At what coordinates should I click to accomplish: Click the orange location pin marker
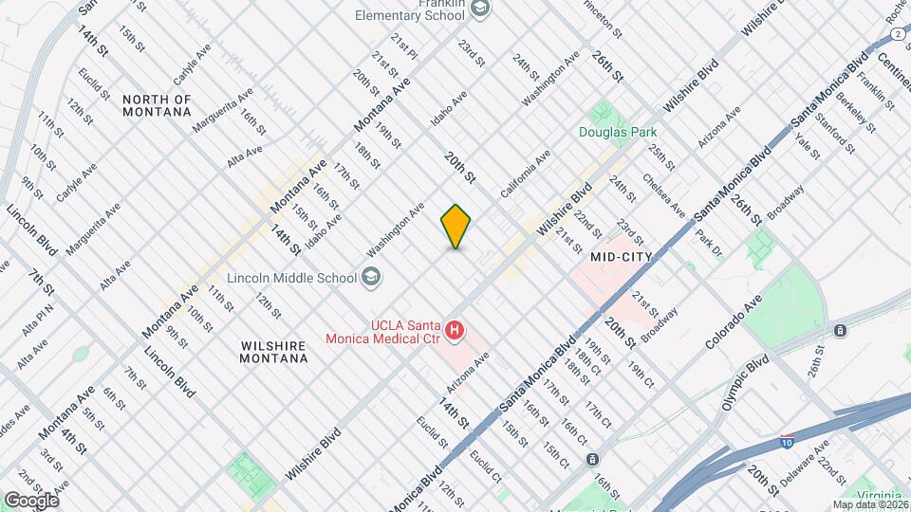455,226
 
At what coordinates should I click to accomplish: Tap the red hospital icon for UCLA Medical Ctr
455,331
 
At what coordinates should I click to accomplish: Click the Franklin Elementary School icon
481,9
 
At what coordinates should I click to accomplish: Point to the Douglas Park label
619,132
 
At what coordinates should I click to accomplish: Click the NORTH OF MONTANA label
158,105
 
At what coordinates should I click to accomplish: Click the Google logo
30,500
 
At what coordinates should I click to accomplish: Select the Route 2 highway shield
897,34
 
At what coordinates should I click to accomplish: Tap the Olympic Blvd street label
745,382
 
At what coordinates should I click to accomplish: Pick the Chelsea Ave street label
661,192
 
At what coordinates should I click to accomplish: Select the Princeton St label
604,17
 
